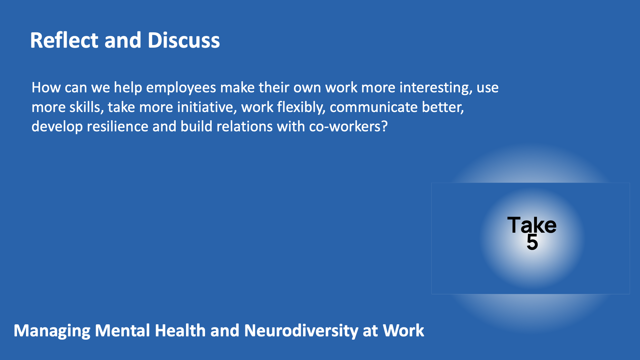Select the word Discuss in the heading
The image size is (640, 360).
184,40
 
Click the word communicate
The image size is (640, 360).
374,107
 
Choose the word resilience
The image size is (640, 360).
118,127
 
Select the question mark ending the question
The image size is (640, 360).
384,127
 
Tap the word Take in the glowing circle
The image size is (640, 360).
532,225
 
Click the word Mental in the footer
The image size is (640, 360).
122,330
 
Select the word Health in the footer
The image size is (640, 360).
180,330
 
